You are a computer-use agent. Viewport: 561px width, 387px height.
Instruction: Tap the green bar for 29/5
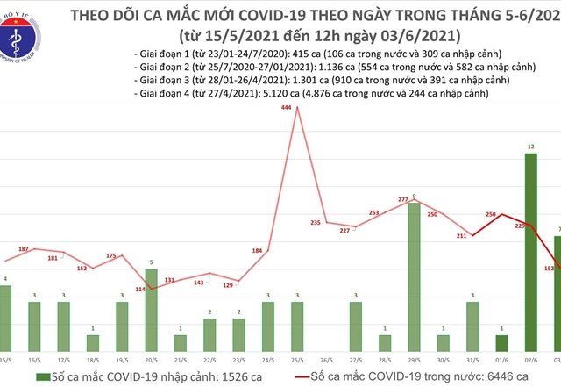coord(414,276)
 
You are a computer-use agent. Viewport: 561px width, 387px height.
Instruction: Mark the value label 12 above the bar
coord(530,147)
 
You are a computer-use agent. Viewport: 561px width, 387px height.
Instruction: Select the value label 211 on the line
coord(462,235)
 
